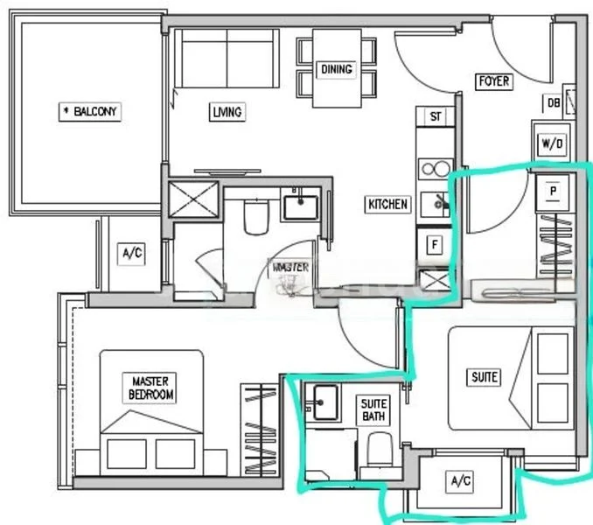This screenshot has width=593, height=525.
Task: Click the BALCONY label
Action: [90, 112]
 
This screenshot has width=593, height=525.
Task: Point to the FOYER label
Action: [493, 81]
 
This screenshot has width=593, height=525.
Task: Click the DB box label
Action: [554, 103]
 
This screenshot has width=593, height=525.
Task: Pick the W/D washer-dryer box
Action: [553, 142]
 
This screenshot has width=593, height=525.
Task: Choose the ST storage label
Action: [435, 116]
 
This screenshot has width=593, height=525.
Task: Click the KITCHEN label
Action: [387, 205]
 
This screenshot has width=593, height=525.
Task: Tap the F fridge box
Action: [434, 245]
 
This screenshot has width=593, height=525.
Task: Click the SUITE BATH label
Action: [373, 409]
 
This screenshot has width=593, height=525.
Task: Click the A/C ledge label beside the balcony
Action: [131, 254]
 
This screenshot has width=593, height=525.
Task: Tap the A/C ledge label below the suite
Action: [460, 481]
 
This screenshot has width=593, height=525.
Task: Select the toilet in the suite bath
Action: [379, 451]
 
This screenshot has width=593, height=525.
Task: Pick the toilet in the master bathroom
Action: [255, 218]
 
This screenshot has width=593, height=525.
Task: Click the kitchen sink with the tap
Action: [434, 205]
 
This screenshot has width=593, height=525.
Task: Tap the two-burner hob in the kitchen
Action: [434, 168]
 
